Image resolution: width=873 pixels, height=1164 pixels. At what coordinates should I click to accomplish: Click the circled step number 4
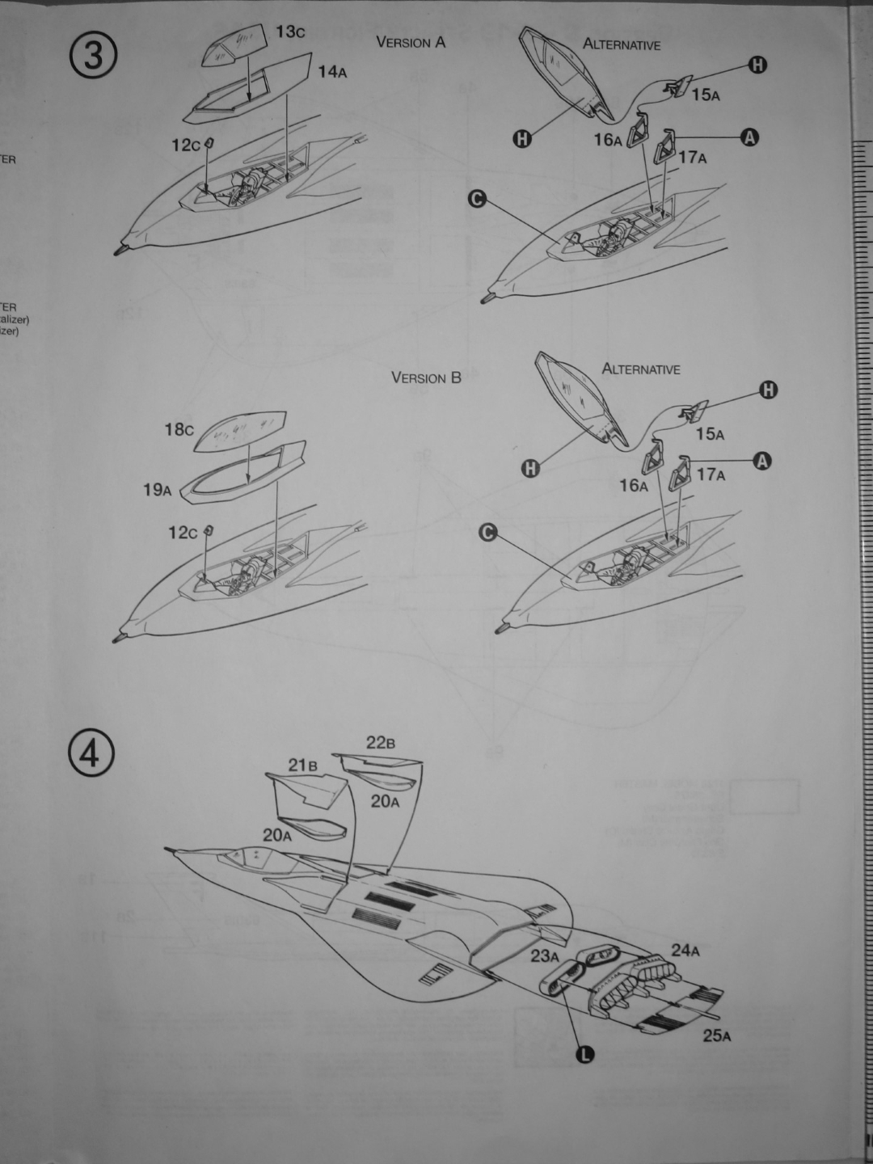point(91,753)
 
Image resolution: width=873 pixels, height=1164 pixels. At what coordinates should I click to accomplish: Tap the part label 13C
point(290,32)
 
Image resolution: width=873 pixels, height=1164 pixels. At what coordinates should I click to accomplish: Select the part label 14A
point(332,72)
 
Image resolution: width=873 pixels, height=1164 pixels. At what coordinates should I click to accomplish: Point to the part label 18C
point(179,430)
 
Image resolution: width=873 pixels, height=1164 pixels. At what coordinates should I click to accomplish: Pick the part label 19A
point(158,489)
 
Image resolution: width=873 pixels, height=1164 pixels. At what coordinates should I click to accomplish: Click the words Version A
point(411,42)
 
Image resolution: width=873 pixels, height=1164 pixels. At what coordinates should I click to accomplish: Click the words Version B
point(426,377)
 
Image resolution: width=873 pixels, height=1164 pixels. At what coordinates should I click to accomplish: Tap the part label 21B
point(302,765)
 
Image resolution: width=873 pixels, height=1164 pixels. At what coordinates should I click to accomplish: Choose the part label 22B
point(380,743)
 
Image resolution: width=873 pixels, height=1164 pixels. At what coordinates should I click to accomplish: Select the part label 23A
point(545,956)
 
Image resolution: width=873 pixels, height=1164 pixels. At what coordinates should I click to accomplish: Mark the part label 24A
point(685,951)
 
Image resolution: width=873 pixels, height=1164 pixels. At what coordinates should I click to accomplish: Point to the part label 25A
point(716,1035)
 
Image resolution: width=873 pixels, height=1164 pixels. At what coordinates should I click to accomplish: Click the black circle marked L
point(584,1054)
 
